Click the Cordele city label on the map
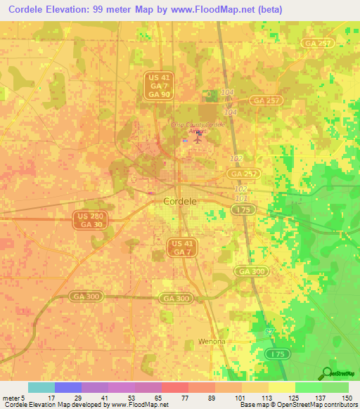(x=179, y=201)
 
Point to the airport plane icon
(x=196, y=138)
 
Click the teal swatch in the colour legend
(x=41, y=387)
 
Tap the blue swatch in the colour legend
(x=68, y=387)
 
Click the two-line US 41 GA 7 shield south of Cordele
(x=182, y=247)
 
